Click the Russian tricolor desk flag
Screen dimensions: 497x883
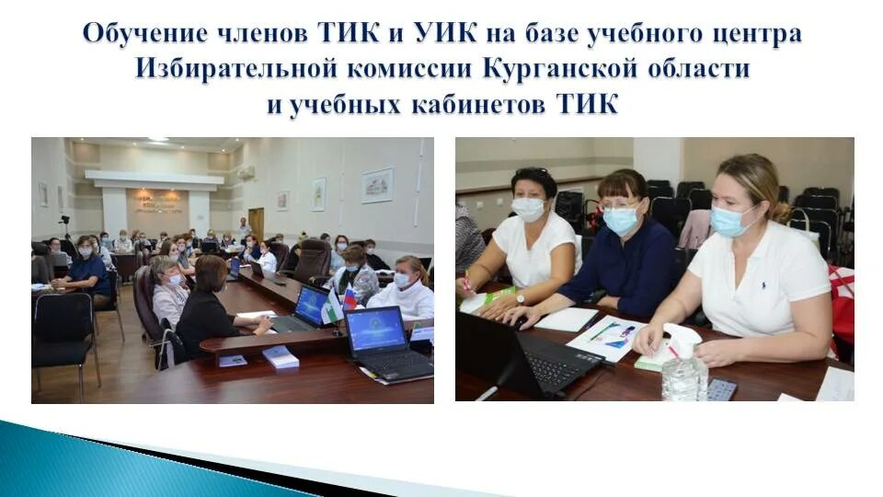[350, 298]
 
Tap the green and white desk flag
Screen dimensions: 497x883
[335, 306]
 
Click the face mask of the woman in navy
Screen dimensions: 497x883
[620, 220]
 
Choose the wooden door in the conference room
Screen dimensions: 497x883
[256, 224]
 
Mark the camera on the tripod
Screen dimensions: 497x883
[64, 221]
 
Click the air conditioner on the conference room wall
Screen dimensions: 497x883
[247, 171]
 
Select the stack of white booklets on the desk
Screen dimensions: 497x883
[281, 357]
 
